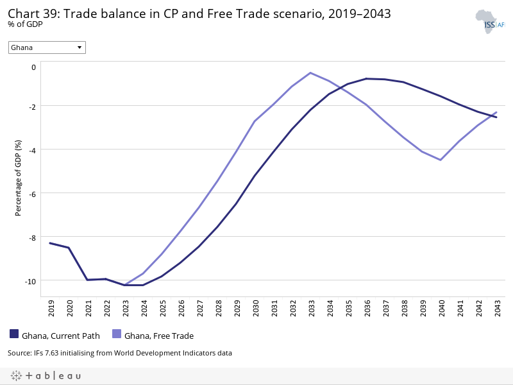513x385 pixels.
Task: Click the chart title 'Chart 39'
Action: click(199, 13)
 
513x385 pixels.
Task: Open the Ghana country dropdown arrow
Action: click(80, 47)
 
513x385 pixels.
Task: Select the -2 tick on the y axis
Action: click(33, 105)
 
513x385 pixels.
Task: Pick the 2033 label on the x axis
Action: click(311, 309)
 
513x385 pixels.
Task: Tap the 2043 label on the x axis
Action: click(496, 309)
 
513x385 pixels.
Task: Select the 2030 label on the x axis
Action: click(255, 309)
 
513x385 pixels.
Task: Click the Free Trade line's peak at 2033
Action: click(311, 73)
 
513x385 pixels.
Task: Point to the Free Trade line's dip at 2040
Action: click(441, 160)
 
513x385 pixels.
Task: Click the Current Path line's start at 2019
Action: click(50, 243)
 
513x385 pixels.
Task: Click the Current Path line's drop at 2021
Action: click(87, 280)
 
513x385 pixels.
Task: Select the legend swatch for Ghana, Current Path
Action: click(14, 334)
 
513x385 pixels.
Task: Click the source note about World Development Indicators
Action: click(120, 353)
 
